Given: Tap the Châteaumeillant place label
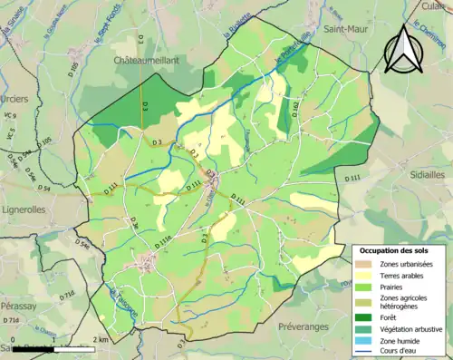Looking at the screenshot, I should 145,60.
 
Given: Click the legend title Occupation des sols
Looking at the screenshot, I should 396,249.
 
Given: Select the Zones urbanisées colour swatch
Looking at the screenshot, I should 367,263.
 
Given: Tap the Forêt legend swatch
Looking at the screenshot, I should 367,316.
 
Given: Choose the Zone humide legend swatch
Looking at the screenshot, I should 367,341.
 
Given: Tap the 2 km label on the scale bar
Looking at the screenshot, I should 99,340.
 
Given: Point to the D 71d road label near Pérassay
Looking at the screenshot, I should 10,320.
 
